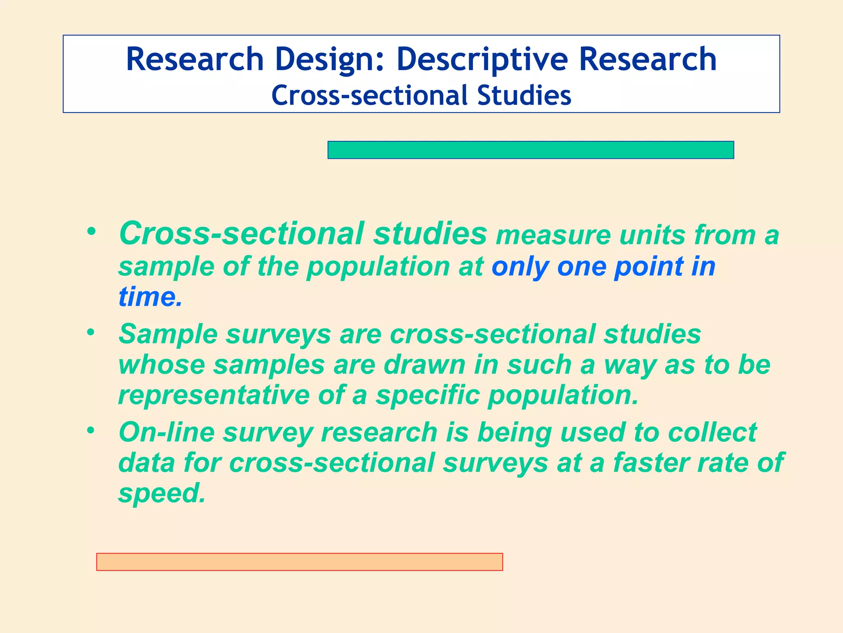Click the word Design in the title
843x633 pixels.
[329, 60]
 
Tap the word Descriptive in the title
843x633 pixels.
[482, 60]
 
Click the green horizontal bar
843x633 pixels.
[531, 150]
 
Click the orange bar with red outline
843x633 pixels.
[299, 562]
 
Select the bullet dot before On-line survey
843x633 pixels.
[91, 430]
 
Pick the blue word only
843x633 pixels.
[520, 267]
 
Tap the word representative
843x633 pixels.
[214, 395]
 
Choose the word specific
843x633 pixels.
[428, 395]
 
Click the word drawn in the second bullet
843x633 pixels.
[424, 365]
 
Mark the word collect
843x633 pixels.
[712, 432]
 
